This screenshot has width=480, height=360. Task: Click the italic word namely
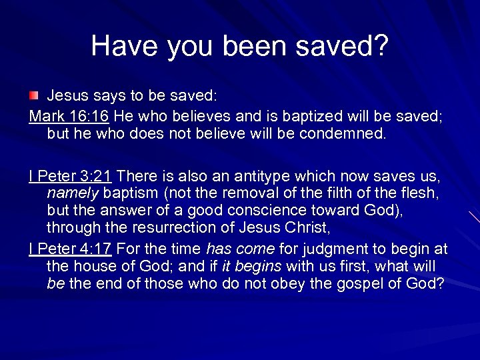pos(73,193)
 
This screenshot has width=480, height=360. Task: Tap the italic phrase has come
pos(240,249)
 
